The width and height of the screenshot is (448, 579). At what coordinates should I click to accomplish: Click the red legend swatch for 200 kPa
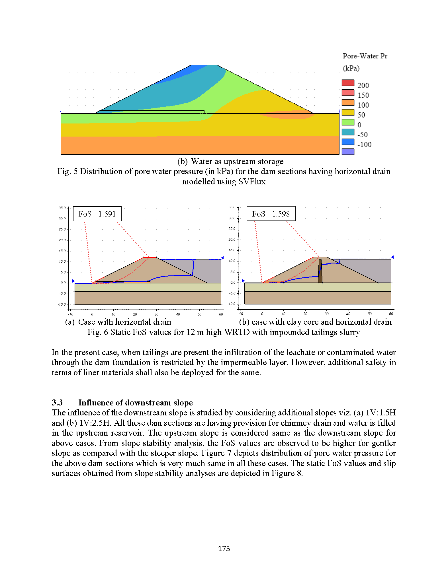[x=348, y=83]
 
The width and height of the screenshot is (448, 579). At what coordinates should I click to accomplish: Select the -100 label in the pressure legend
[x=364, y=145]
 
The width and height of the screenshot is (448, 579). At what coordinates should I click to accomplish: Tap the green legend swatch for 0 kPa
[x=348, y=122]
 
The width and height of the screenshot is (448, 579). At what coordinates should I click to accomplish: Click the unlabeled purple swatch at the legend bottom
[x=348, y=152]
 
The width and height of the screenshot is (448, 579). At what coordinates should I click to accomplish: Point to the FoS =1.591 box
[x=97, y=214]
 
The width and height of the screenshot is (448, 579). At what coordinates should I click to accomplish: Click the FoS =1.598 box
[x=271, y=213]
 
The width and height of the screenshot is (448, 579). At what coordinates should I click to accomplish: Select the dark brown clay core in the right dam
[x=320, y=271]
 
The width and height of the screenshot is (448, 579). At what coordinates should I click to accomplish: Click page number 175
[x=224, y=549]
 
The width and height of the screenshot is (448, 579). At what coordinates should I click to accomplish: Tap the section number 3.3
[x=57, y=403]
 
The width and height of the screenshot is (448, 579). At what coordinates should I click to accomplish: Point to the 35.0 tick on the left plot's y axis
[x=62, y=208]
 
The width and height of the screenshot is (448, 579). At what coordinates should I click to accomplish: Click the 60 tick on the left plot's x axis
[x=221, y=314]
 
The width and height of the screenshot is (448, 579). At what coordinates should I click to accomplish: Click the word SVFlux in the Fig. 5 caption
[x=252, y=182]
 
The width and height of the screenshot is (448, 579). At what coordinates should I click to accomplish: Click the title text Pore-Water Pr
[x=365, y=56]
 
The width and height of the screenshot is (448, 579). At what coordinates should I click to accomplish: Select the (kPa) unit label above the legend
[x=351, y=68]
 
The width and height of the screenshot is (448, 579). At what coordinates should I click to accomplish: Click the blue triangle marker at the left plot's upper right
[x=222, y=257]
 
